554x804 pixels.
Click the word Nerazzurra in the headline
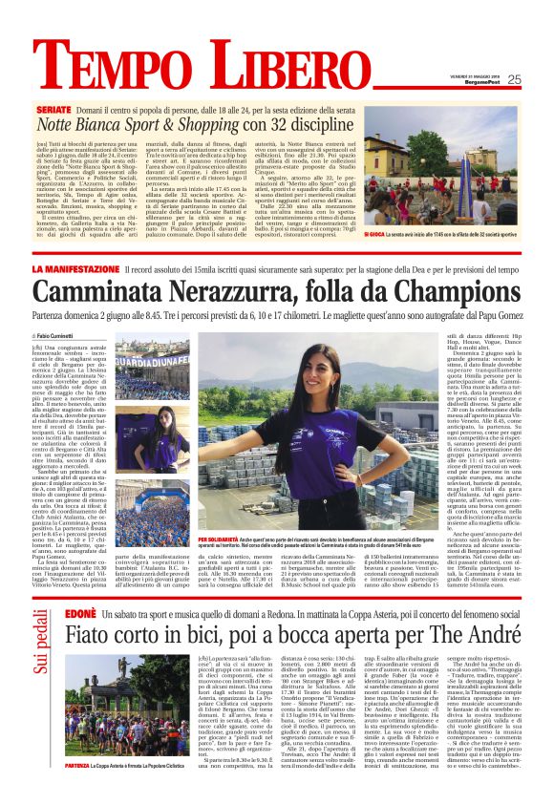227,292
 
